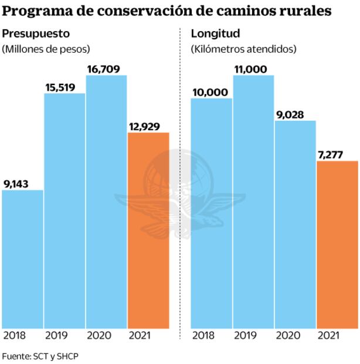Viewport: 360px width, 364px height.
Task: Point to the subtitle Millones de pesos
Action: (x=50, y=49)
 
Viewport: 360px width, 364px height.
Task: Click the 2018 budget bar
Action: (x=22, y=258)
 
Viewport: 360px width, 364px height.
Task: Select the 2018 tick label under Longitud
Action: (x=203, y=336)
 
